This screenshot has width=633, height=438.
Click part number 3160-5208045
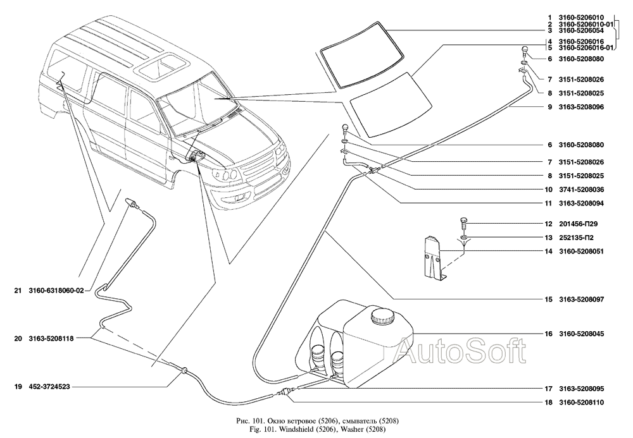581,334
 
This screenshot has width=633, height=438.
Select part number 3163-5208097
581,300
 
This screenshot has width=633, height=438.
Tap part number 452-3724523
49,387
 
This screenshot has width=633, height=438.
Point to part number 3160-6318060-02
56,291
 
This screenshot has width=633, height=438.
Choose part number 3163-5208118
51,339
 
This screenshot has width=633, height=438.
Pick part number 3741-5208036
581,190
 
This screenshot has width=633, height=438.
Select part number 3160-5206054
581,30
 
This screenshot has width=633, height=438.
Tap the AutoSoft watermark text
461,351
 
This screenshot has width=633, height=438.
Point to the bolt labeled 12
464,223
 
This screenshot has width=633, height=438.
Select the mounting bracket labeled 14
435,257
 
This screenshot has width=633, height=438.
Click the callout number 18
548,403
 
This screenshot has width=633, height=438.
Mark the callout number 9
550,107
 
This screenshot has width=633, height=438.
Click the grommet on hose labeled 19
184,369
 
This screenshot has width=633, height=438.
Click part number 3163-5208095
581,389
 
